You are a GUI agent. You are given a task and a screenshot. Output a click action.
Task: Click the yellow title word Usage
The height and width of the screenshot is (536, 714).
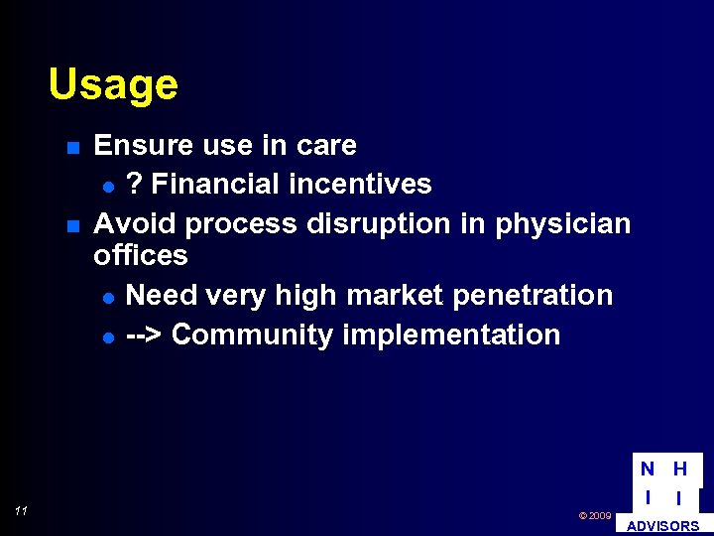click(113, 84)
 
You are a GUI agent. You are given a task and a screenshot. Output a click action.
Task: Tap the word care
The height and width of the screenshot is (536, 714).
click(326, 145)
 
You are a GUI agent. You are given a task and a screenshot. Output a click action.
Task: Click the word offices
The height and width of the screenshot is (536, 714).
click(140, 255)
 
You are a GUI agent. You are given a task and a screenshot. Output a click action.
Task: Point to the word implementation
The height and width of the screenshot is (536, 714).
click(451, 335)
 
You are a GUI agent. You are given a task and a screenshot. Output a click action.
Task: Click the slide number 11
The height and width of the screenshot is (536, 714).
click(21, 511)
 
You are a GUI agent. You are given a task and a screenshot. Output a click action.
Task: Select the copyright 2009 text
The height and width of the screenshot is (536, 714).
click(595, 516)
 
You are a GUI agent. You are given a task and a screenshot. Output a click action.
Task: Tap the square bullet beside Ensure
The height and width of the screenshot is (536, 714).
click(72, 148)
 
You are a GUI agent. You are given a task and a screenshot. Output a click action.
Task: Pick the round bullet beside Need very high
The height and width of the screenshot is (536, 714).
click(108, 297)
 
